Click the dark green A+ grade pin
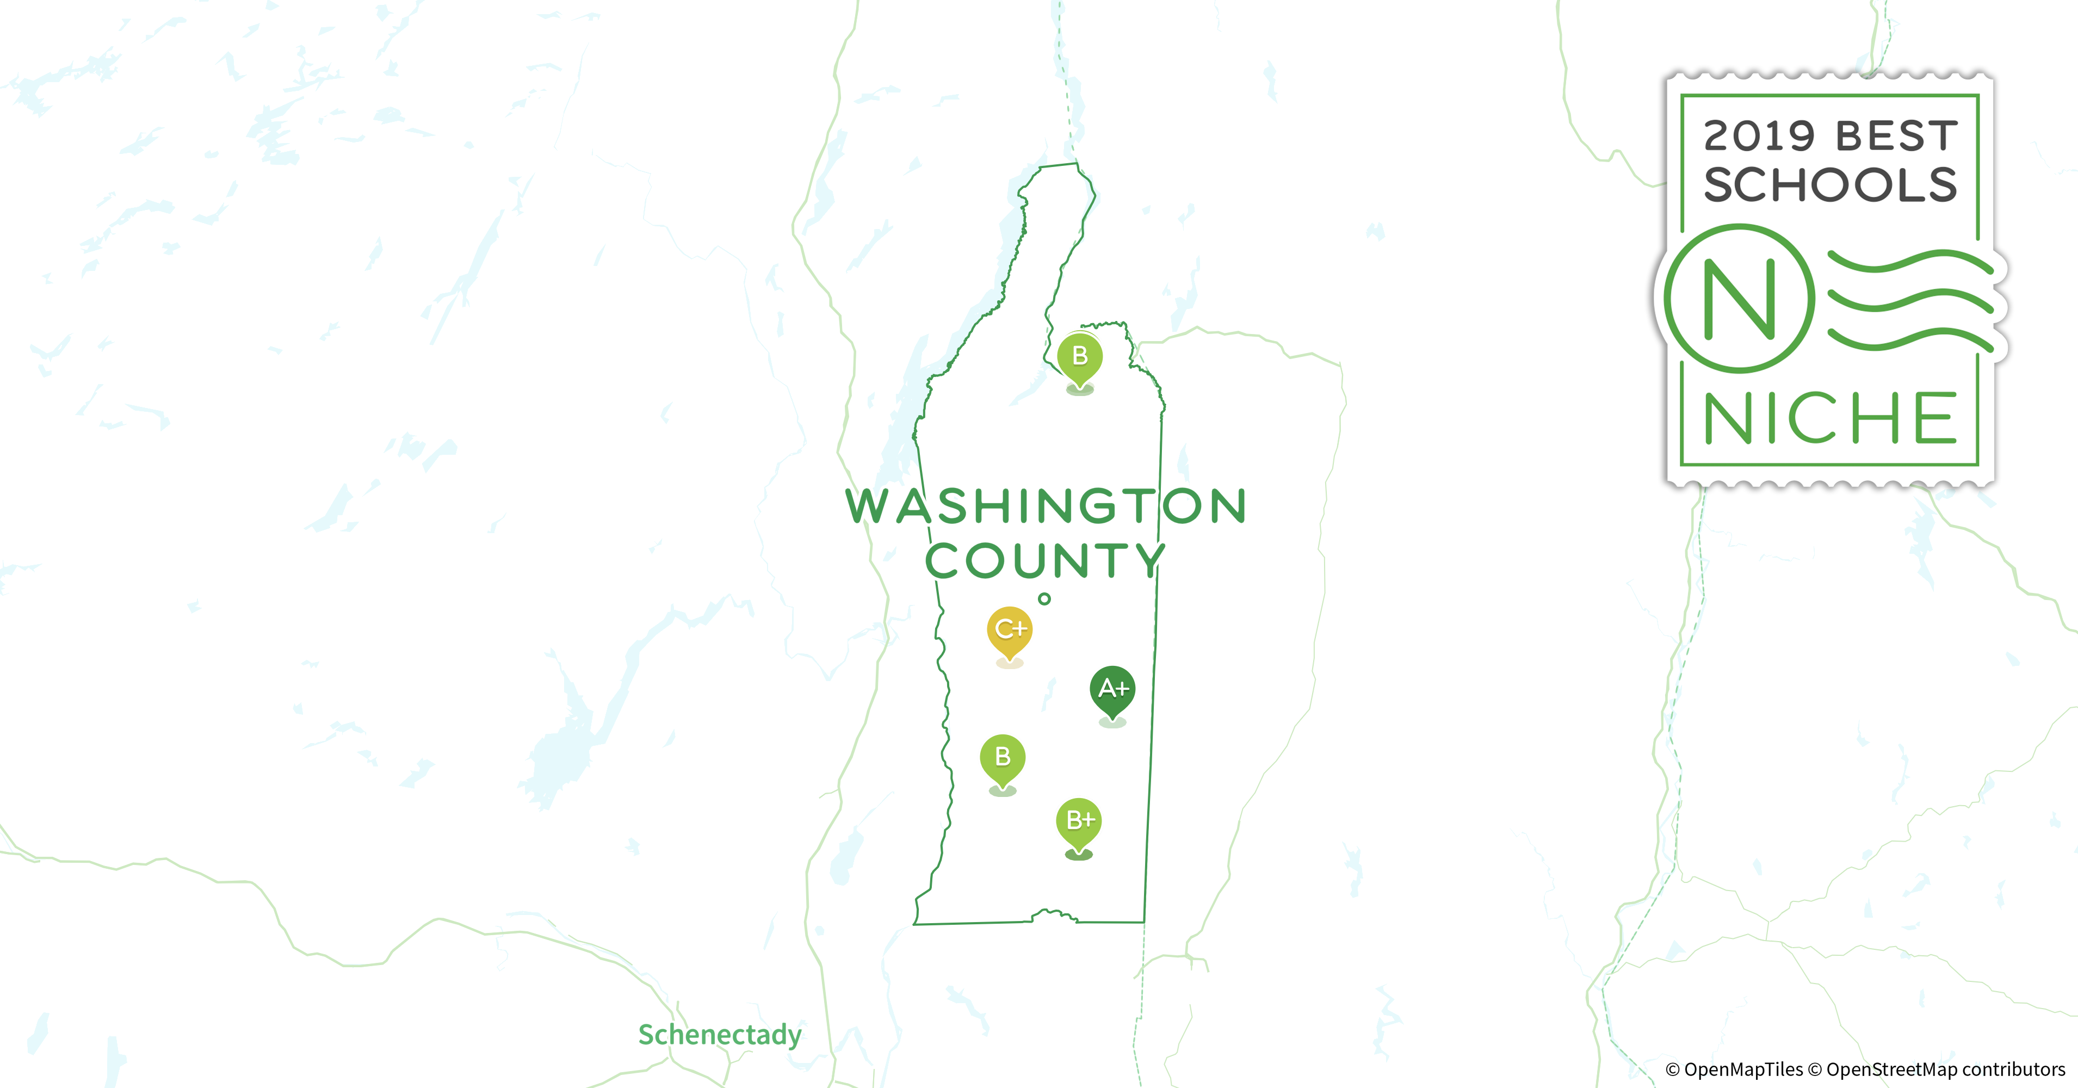click(x=1112, y=690)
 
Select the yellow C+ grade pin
click(x=1009, y=630)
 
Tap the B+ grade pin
click(x=1079, y=821)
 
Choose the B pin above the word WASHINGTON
click(x=1079, y=356)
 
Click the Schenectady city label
click(x=720, y=1034)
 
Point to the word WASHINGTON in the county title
click(x=1046, y=506)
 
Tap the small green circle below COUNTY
click(x=1044, y=598)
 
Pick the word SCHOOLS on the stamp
click(x=1829, y=186)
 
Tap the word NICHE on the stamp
click(x=1829, y=418)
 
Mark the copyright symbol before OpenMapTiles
click(x=1673, y=1070)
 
